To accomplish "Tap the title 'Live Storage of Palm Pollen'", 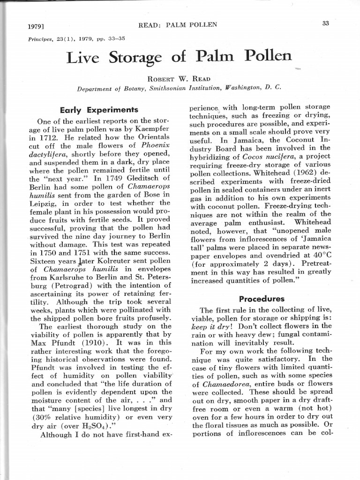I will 179,58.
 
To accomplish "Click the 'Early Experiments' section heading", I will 99,110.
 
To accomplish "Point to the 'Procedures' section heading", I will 261,299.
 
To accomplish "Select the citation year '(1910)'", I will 97,342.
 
